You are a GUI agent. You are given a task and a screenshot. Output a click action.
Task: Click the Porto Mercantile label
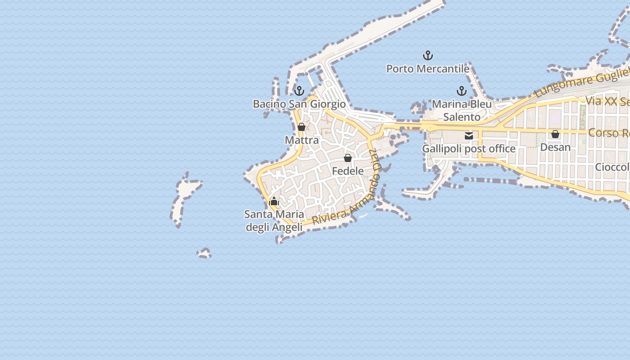pos(427,69)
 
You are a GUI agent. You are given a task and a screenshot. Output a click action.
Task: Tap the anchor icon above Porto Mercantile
pos(427,56)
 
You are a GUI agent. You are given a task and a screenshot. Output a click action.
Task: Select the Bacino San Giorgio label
pos(299,104)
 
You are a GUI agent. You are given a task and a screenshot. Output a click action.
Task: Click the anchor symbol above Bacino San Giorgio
pos(299,91)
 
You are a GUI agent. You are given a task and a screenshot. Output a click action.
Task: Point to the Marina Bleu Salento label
pos(462,111)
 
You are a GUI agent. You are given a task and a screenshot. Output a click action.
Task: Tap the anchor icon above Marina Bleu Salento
pos(461,91)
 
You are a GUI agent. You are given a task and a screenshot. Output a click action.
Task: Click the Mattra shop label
pos(301,140)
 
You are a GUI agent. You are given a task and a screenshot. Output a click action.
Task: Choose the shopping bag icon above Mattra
pos(301,127)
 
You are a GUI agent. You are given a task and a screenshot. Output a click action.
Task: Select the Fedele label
pos(348,171)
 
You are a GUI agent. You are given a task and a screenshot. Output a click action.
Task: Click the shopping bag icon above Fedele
pos(348,158)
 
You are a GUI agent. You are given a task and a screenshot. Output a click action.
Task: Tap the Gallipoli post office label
pos(468,148)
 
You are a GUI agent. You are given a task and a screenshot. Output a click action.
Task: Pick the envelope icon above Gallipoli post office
pos(468,136)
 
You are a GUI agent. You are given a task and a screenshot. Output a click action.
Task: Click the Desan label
pos(555,147)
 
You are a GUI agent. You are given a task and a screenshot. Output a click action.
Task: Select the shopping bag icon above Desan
pos(555,134)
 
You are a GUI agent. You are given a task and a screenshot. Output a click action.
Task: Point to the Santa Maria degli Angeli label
pos(274,220)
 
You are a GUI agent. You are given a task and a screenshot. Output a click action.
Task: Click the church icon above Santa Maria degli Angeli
pos(274,201)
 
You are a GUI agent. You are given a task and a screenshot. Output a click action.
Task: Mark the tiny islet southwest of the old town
pos(204,253)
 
